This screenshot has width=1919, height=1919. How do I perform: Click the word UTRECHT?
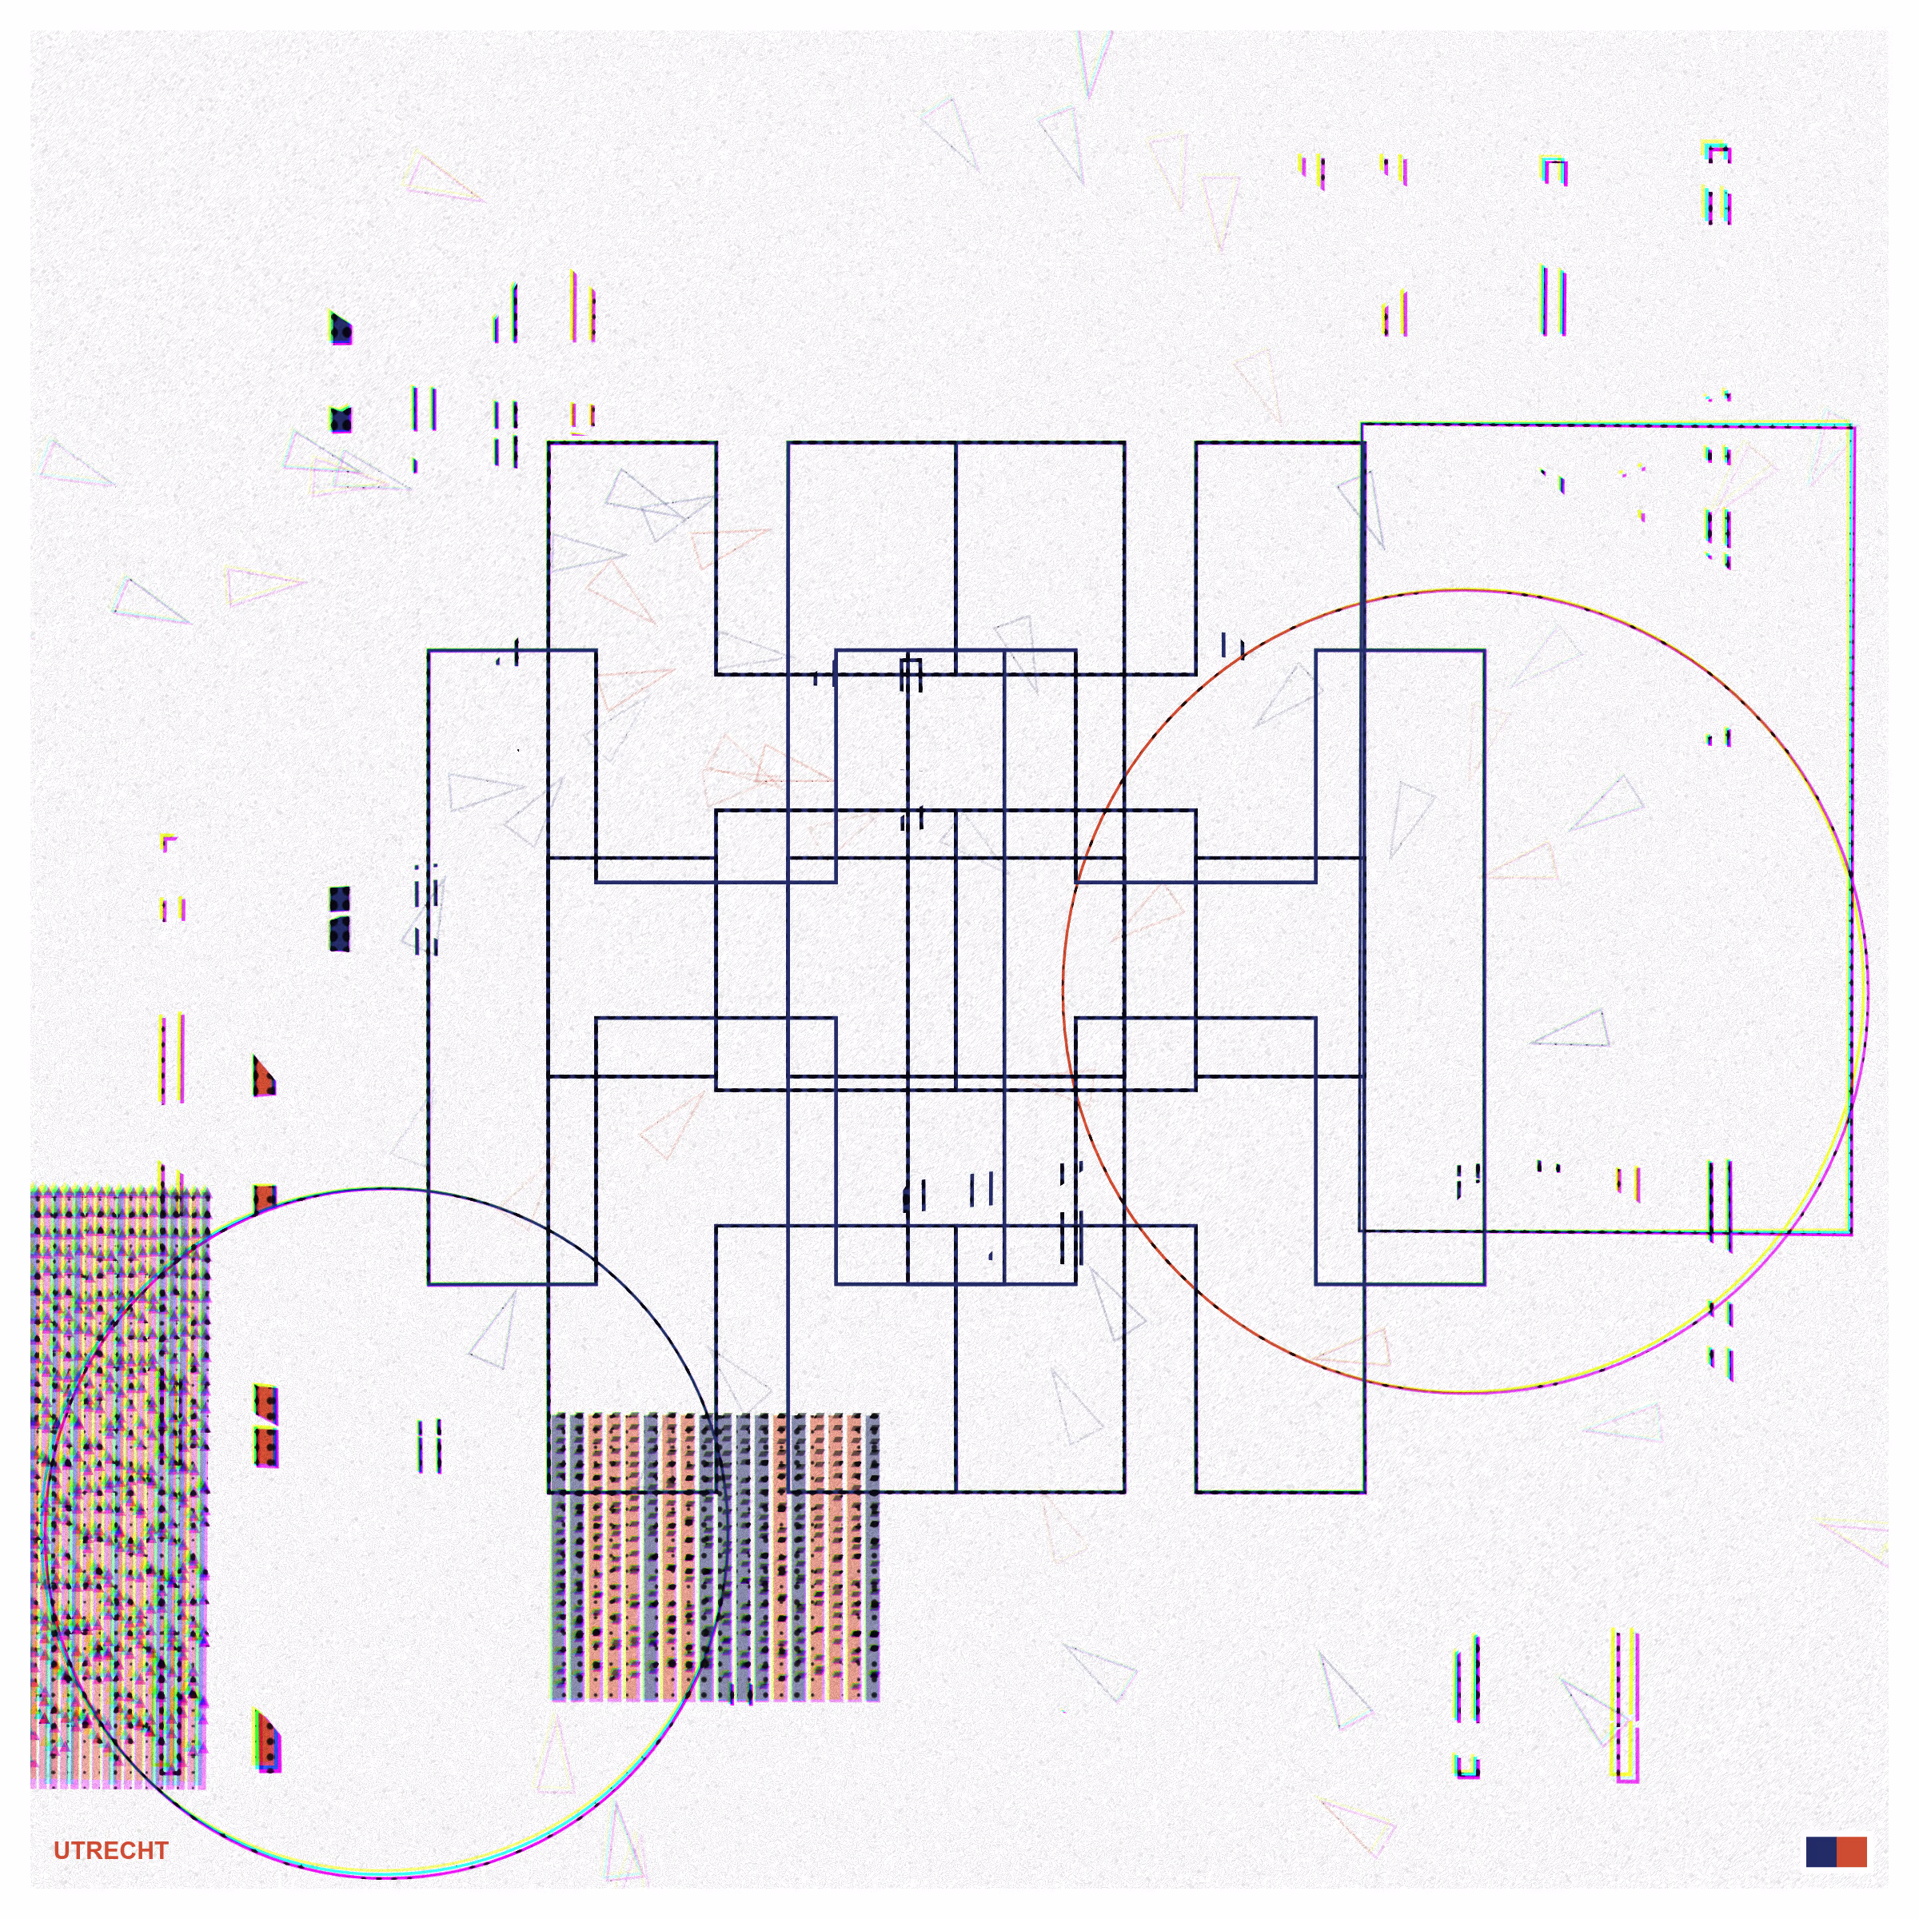tap(110, 1850)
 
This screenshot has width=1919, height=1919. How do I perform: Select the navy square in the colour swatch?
tap(1821, 1852)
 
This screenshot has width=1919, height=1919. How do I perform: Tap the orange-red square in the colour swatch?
tap(1852, 1852)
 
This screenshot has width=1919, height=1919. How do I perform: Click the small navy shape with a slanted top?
tap(341, 328)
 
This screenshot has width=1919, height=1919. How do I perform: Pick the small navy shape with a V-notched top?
tap(341, 419)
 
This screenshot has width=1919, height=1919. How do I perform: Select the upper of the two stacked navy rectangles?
tap(340, 900)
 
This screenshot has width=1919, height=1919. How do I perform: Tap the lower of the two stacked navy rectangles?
tap(340, 935)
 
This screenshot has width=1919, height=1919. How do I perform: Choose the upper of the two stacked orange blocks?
tap(265, 1403)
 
